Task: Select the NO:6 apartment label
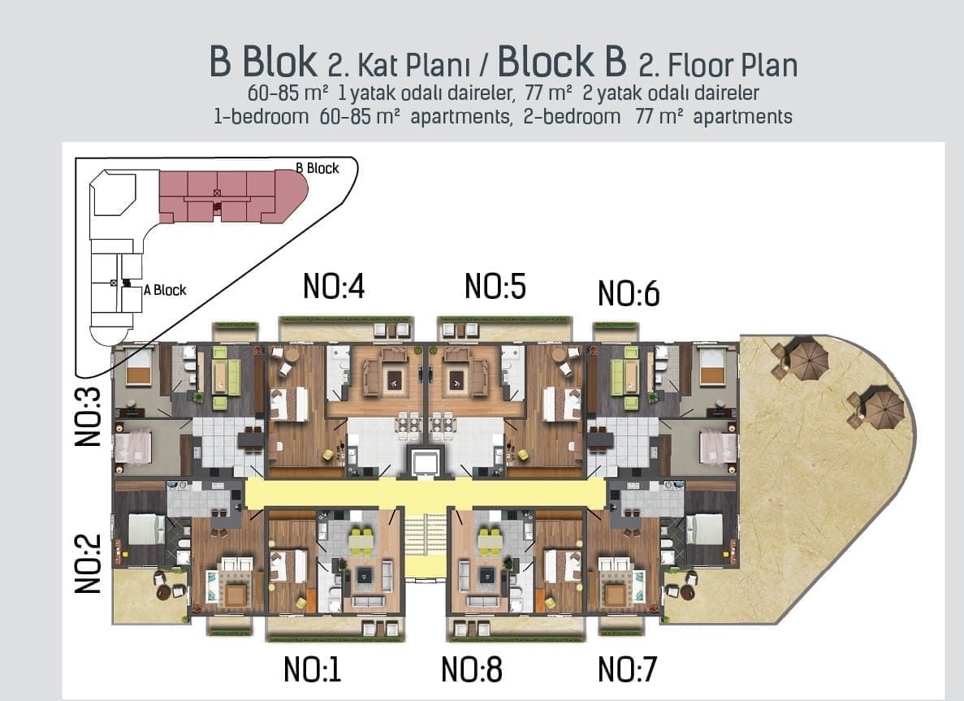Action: tap(628, 294)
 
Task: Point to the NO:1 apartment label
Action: tap(312, 670)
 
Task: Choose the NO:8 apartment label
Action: tap(471, 670)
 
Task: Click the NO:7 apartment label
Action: tap(626, 670)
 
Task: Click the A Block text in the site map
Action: tap(165, 290)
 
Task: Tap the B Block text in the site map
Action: tap(317, 168)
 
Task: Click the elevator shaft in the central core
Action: tap(425, 463)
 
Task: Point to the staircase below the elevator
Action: tap(425, 544)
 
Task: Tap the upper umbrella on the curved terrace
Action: tap(806, 358)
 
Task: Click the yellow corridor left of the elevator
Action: tap(325, 493)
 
